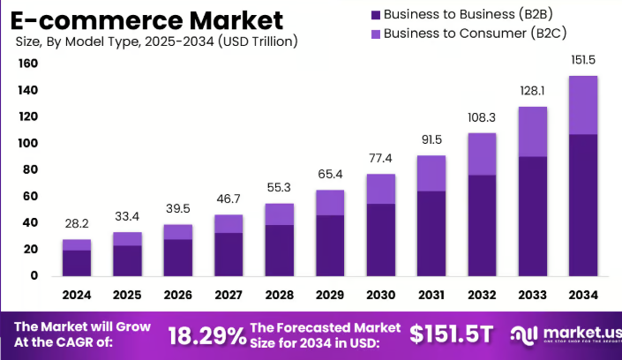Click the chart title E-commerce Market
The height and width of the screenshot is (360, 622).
pos(147,19)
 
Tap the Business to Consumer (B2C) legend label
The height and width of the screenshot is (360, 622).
pos(467,34)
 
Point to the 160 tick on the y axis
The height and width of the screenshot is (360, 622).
pos(27,64)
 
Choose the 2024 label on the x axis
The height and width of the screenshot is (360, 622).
pos(77,294)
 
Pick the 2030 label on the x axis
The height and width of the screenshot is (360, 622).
pos(381,294)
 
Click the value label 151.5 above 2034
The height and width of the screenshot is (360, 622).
pos(583,59)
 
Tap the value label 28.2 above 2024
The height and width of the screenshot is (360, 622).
pos(77,223)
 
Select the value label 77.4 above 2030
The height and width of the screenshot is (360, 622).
pos(381,158)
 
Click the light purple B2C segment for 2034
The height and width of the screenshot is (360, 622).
pos(583,105)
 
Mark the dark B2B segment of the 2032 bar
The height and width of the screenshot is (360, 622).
pos(482,225)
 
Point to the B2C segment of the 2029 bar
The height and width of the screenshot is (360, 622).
pos(330,202)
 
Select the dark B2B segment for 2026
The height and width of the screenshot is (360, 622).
pos(178,257)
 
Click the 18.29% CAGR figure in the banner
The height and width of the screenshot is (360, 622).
pos(207,335)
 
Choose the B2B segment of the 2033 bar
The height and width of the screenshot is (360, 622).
pos(532,215)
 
